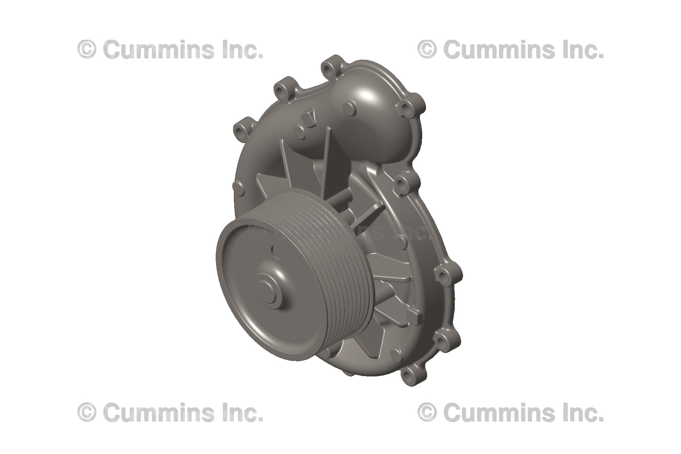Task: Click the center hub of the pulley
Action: [x=269, y=289]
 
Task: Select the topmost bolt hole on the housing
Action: [x=328, y=68]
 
